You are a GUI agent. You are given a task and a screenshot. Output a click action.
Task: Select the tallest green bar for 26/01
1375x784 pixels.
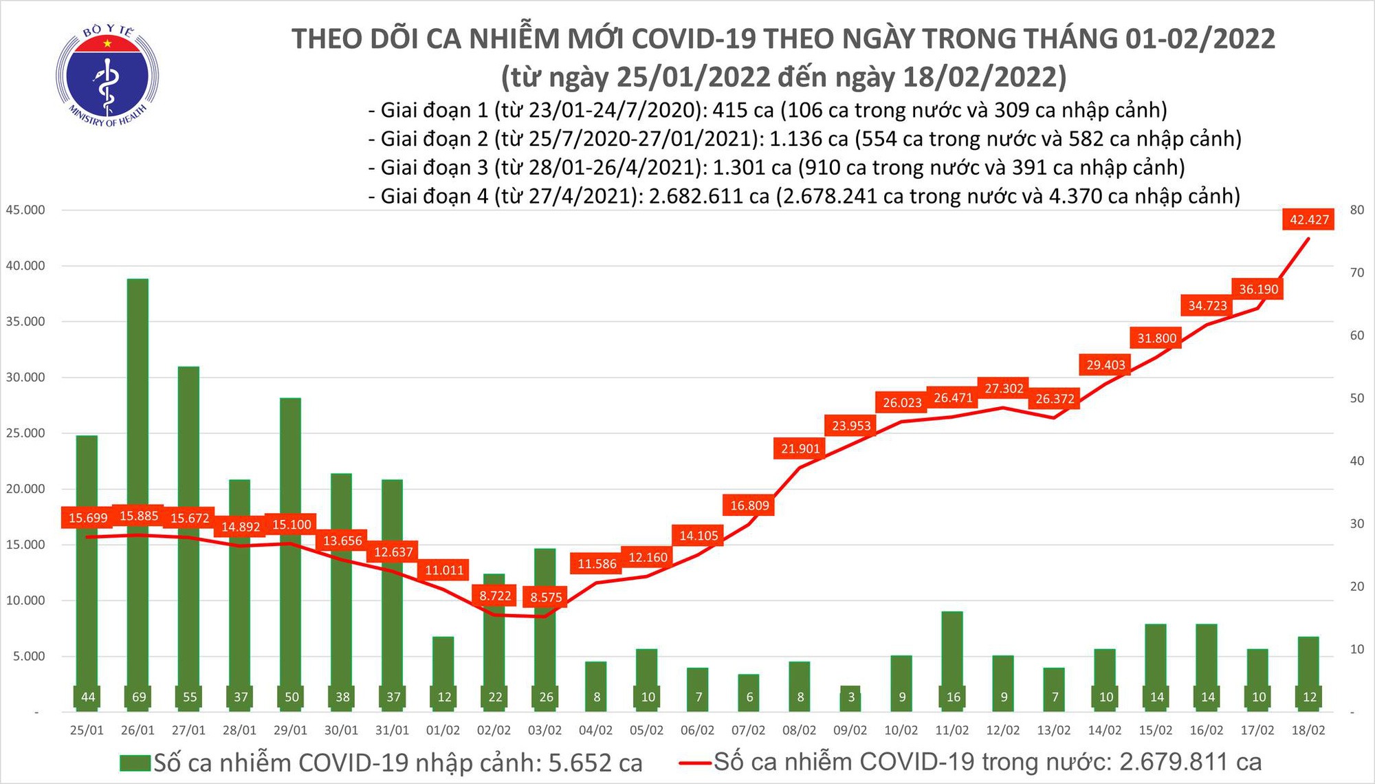pyautogui.click(x=138, y=481)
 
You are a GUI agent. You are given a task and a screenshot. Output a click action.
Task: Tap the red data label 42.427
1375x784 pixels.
pyautogui.click(x=1309, y=220)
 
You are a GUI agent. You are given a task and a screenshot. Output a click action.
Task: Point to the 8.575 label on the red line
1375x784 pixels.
pyautogui.click(x=546, y=597)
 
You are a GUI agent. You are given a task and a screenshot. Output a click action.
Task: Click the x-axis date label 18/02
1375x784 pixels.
pyautogui.click(x=1308, y=730)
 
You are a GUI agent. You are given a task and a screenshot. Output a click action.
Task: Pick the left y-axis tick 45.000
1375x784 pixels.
pyautogui.click(x=25, y=210)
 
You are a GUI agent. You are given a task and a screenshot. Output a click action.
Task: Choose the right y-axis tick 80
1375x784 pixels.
pyautogui.click(x=1357, y=210)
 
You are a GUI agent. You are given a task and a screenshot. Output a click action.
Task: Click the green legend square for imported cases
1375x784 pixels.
pyautogui.click(x=135, y=763)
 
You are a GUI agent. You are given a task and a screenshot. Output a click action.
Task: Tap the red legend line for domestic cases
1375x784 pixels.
pyautogui.click(x=694, y=763)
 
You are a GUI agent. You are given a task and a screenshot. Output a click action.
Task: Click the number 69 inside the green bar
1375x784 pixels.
pyautogui.click(x=139, y=697)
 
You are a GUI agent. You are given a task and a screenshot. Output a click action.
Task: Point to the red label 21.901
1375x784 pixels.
pyautogui.click(x=800, y=449)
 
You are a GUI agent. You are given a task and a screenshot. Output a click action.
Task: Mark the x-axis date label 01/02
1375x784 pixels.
pyautogui.click(x=443, y=730)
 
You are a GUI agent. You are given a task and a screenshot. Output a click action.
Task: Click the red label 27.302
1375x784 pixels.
pyautogui.click(x=1004, y=389)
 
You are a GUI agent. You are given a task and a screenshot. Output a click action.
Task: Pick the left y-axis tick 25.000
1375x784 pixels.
pyautogui.click(x=25, y=433)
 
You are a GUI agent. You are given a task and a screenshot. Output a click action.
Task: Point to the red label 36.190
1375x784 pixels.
pyautogui.click(x=1258, y=290)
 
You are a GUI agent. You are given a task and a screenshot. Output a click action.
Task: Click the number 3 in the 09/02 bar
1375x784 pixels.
pyautogui.click(x=850, y=697)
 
